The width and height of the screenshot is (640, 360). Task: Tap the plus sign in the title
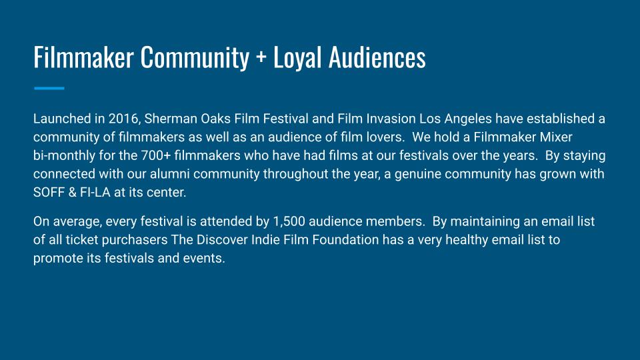(261, 57)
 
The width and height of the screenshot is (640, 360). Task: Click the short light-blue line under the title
(49, 88)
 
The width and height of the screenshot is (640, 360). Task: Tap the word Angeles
(468, 119)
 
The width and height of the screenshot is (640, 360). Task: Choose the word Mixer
(556, 137)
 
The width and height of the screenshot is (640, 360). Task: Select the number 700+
(156, 155)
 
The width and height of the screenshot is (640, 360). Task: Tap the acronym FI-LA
(95, 192)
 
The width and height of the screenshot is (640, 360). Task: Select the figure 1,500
(289, 221)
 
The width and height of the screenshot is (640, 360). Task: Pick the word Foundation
(345, 239)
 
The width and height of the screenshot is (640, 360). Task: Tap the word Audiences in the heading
(377, 57)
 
